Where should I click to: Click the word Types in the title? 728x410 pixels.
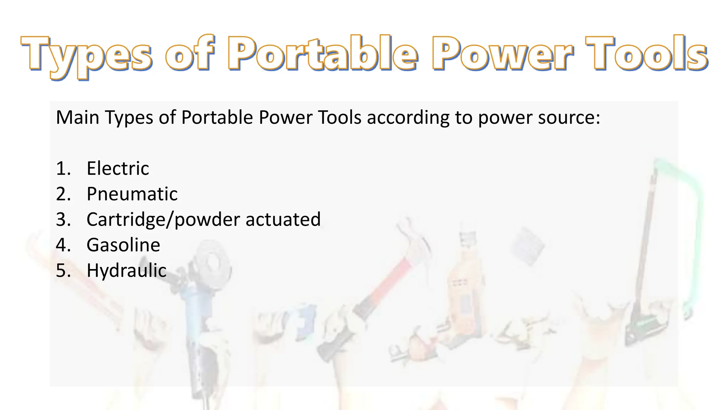(87, 55)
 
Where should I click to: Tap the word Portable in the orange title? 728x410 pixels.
(322, 53)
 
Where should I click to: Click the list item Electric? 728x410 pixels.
(118, 168)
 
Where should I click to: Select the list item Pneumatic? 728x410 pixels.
(132, 194)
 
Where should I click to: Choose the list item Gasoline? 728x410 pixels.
(123, 245)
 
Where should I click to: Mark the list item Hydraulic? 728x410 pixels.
(127, 270)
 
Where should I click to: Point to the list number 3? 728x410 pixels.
(63, 220)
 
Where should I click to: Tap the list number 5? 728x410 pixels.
(63, 270)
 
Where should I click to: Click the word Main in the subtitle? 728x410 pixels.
(77, 117)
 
